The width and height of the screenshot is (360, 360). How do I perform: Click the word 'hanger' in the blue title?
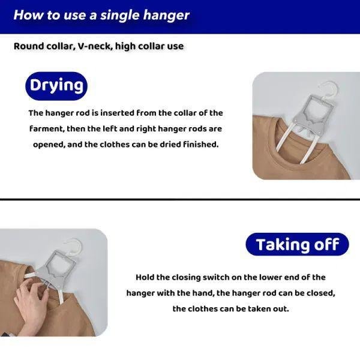pos(166,16)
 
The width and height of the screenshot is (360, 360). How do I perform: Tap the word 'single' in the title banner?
pos(121,16)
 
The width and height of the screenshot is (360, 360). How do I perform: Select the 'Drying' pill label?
pos(56,86)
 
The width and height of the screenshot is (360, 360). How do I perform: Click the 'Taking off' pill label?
pos(298,244)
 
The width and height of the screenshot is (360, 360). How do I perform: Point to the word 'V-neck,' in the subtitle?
pos(95,46)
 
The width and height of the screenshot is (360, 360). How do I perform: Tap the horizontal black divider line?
pos(180,199)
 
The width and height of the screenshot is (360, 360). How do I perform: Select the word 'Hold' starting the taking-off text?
pos(145,277)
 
